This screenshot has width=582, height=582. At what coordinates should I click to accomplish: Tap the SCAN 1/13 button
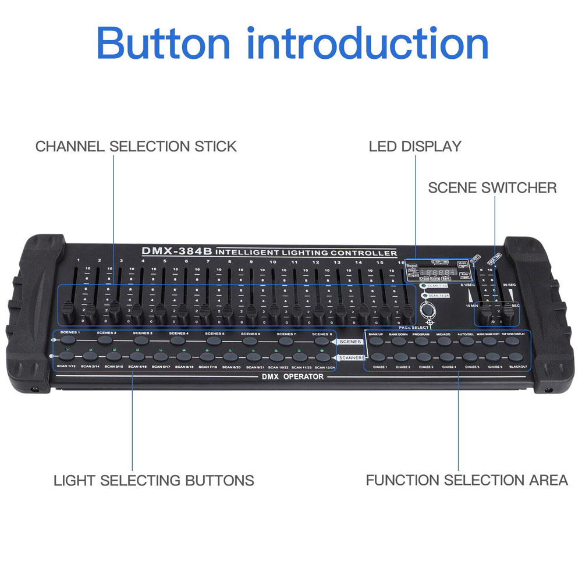point(68,356)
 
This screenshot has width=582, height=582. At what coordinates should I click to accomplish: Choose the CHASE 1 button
point(379,357)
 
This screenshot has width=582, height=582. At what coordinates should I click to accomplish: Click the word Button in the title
point(164,42)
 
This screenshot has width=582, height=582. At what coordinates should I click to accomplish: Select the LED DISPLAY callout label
point(415,146)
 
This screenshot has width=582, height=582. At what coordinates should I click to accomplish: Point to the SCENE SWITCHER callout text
point(492,188)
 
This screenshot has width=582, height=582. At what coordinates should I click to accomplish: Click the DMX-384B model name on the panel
point(177,251)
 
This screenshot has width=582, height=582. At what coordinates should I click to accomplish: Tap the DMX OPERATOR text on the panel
point(292,377)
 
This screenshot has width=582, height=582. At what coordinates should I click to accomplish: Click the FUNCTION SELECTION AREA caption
point(467,480)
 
